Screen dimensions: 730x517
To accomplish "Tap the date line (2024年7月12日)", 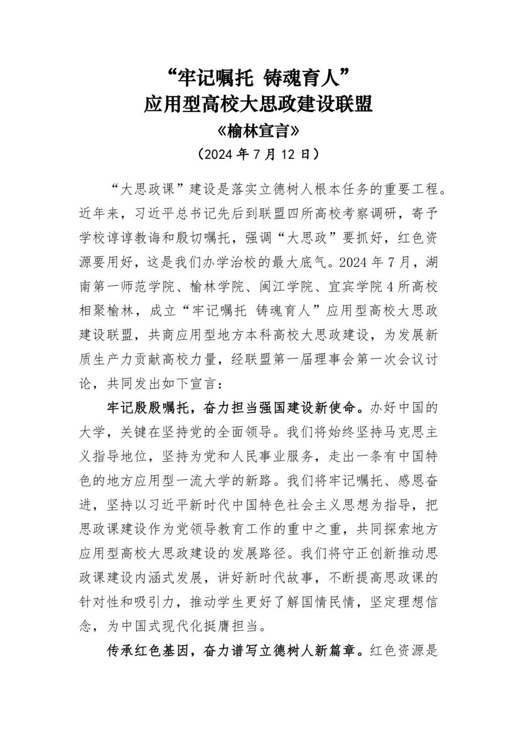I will point(258,154).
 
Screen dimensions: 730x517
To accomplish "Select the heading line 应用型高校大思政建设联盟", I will point(258,104).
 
